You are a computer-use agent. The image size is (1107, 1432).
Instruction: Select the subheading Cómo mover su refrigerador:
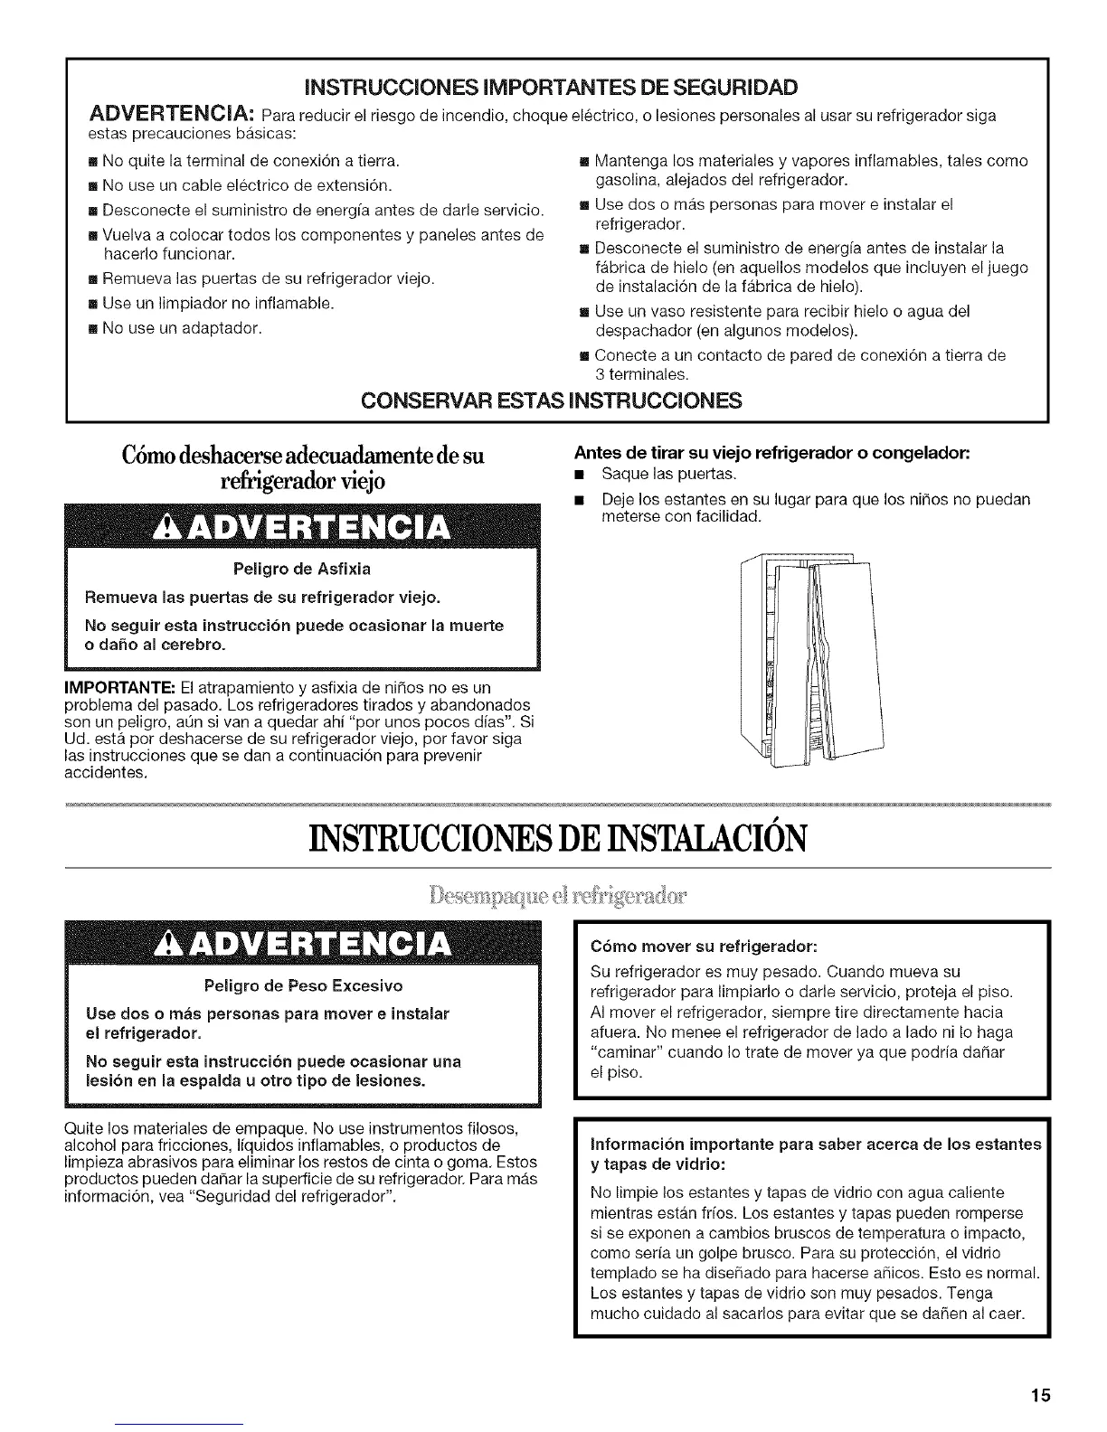coord(704,947)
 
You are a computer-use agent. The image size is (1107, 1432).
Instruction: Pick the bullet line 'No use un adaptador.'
coord(182,327)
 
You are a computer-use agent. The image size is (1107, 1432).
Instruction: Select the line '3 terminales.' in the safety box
coord(641,373)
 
